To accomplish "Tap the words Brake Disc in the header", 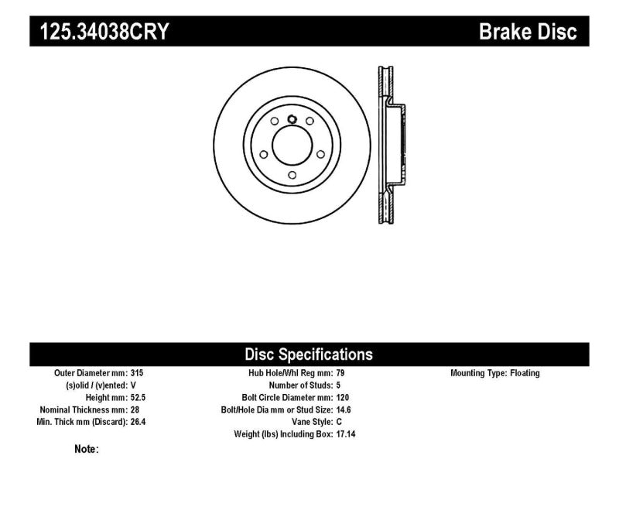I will click(x=528, y=33).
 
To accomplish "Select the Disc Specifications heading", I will click(x=309, y=355).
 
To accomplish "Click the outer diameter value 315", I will click(x=139, y=373).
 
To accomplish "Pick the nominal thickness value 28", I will click(x=136, y=409).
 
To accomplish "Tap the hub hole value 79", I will click(x=342, y=373).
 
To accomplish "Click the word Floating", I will click(x=525, y=373).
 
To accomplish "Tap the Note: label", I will click(x=86, y=449).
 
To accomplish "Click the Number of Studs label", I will click(x=300, y=385).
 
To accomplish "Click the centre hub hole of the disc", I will click(x=291, y=146).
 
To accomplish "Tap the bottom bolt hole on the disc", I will click(x=291, y=175).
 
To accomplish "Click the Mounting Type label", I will click(x=477, y=373).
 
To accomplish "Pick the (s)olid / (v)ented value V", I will click(x=135, y=385).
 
